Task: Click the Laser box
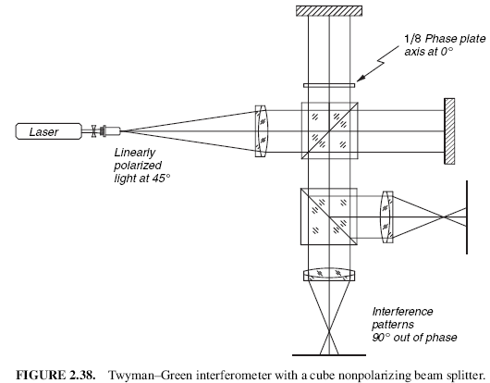tap(48, 131)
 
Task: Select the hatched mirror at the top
tap(329, 10)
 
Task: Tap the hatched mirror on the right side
tap(449, 131)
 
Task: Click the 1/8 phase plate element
tap(329, 85)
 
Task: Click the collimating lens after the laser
tap(261, 131)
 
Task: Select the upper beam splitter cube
tap(330, 130)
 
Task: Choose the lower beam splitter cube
tap(329, 216)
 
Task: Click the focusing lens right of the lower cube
tap(386, 217)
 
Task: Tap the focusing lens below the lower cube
tap(329, 274)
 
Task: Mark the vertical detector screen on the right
tap(467, 217)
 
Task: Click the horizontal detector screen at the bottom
tap(329, 355)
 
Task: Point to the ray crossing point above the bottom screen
tap(329, 330)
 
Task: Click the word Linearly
tap(135, 153)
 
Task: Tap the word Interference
tap(402, 312)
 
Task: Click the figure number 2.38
tap(82, 375)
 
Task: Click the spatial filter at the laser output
tap(105, 131)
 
